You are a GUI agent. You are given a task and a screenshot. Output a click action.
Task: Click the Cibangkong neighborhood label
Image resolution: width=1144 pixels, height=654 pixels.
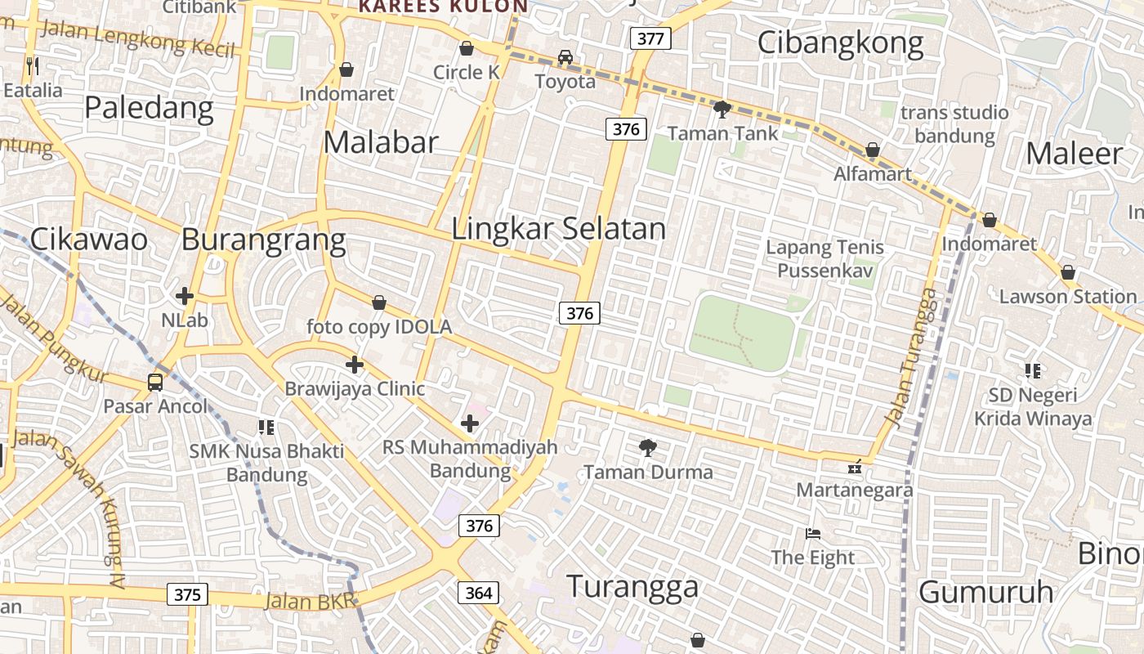(x=840, y=43)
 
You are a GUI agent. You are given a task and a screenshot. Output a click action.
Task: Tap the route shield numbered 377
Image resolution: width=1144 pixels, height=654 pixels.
(x=650, y=38)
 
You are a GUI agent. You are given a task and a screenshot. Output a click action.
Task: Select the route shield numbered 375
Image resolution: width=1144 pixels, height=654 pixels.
(x=187, y=594)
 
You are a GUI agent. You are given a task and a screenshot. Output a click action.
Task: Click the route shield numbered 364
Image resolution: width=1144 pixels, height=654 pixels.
(x=478, y=593)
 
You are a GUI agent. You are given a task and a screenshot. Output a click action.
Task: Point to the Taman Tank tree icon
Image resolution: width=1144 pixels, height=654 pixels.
(x=722, y=109)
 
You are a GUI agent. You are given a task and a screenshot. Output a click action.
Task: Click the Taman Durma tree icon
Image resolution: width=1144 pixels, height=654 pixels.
(x=648, y=448)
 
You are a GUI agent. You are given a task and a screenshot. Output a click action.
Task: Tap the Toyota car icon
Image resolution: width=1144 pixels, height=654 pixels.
(x=565, y=57)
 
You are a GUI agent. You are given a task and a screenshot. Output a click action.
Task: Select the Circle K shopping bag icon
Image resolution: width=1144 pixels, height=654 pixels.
(x=467, y=48)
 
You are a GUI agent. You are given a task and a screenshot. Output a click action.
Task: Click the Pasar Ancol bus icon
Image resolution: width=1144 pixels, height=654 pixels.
(x=154, y=382)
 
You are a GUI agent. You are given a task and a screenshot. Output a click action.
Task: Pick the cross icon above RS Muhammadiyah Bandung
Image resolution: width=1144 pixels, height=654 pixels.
(x=470, y=423)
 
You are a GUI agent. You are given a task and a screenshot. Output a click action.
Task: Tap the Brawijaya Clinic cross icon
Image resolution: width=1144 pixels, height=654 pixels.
(x=354, y=364)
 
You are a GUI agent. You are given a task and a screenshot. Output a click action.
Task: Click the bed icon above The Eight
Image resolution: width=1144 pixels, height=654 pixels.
(x=813, y=534)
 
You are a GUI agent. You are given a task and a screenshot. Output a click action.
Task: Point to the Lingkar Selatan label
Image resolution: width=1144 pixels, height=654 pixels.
(x=558, y=229)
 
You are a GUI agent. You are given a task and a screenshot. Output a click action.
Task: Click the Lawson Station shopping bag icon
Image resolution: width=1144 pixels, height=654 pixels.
(x=1067, y=272)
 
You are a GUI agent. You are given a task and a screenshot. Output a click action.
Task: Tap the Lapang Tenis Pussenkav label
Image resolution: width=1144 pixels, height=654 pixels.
(x=824, y=258)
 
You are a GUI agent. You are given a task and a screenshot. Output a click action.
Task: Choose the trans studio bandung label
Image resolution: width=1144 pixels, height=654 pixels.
(x=954, y=123)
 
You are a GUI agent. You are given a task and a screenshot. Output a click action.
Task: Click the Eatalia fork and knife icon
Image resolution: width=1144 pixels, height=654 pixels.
(x=32, y=65)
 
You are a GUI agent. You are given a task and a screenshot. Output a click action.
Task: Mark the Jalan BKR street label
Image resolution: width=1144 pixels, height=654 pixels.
(x=311, y=602)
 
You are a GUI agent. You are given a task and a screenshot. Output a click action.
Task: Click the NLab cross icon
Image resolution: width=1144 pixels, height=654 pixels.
(x=185, y=296)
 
